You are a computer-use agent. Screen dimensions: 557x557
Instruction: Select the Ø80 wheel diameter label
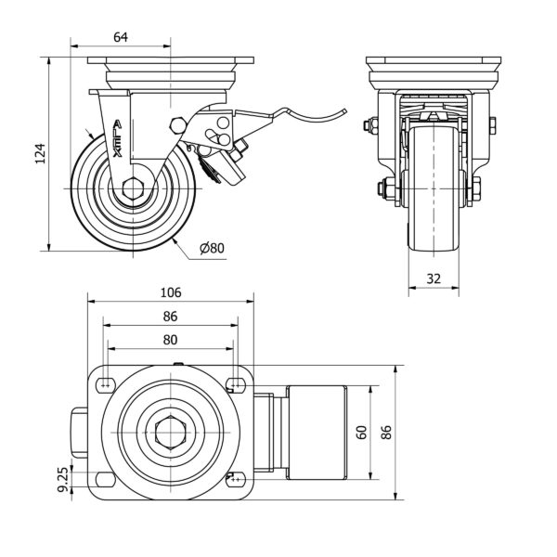tap(213, 248)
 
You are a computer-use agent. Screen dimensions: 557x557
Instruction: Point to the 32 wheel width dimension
tap(434, 277)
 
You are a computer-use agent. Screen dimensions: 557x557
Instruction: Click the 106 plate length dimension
tap(170, 292)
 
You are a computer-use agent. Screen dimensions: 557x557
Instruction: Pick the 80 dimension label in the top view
tap(170, 340)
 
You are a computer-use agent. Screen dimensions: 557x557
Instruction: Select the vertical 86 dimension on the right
tap(389, 431)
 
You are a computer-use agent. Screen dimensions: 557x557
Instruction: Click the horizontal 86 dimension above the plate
tap(170, 317)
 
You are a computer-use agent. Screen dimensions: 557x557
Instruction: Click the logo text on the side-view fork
tap(116, 139)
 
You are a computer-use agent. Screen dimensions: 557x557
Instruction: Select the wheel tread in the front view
tap(434, 186)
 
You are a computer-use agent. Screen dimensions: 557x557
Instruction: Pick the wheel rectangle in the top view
tap(317, 432)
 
